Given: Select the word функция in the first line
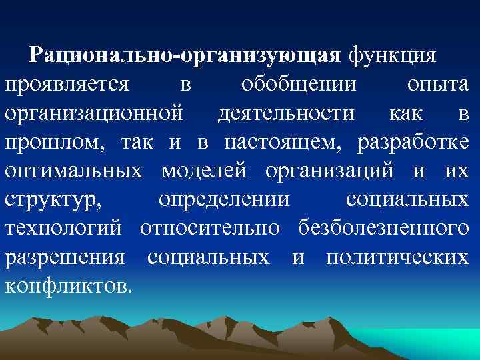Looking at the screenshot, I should coord(392,55).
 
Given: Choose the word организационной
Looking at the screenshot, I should coord(93,113).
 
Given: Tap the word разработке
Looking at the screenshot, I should coord(413,142).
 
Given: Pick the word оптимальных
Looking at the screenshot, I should coord(74,171).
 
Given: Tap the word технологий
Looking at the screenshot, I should coord(64,228).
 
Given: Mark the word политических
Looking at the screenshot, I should coord(397,257).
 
